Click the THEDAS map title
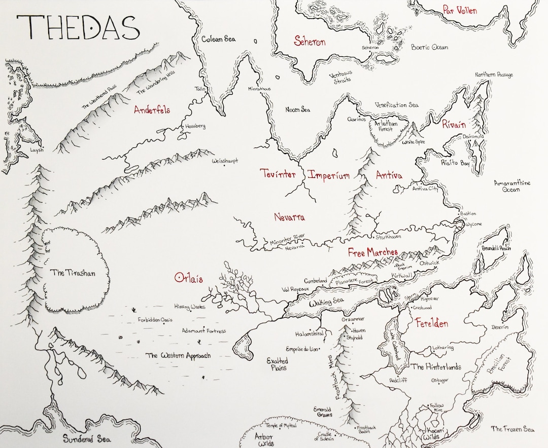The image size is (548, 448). click(78, 27)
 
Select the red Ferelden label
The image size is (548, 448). click(431, 323)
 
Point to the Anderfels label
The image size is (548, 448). click(152, 109)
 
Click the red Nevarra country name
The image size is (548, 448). click(289, 217)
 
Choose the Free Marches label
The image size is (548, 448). click(372, 252)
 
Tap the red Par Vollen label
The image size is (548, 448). click(460, 10)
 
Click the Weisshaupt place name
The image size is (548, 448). click(224, 162)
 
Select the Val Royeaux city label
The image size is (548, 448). click(295, 289)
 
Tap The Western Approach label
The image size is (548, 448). click(178, 356)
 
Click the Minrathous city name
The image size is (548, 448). click(259, 89)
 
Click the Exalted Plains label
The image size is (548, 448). click(278, 364)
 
